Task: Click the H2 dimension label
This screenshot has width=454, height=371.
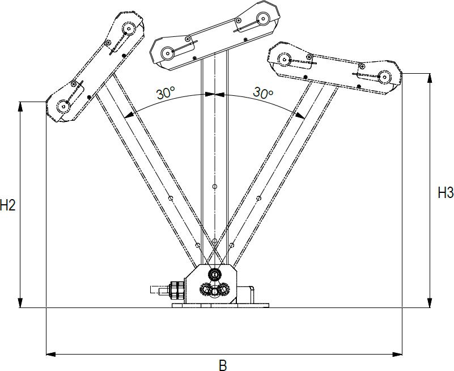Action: [7, 205]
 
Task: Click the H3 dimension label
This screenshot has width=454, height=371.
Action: [445, 193]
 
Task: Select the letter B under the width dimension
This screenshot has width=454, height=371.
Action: [223, 365]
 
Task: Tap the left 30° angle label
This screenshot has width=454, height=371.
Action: [166, 93]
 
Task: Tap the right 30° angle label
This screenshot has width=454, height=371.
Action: [263, 92]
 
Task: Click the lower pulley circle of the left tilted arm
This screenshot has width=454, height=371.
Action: [63, 106]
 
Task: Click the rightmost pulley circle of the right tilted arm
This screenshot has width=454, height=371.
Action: [385, 75]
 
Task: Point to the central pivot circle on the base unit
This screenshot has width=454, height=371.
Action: [214, 275]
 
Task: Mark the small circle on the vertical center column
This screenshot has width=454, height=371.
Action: [214, 187]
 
